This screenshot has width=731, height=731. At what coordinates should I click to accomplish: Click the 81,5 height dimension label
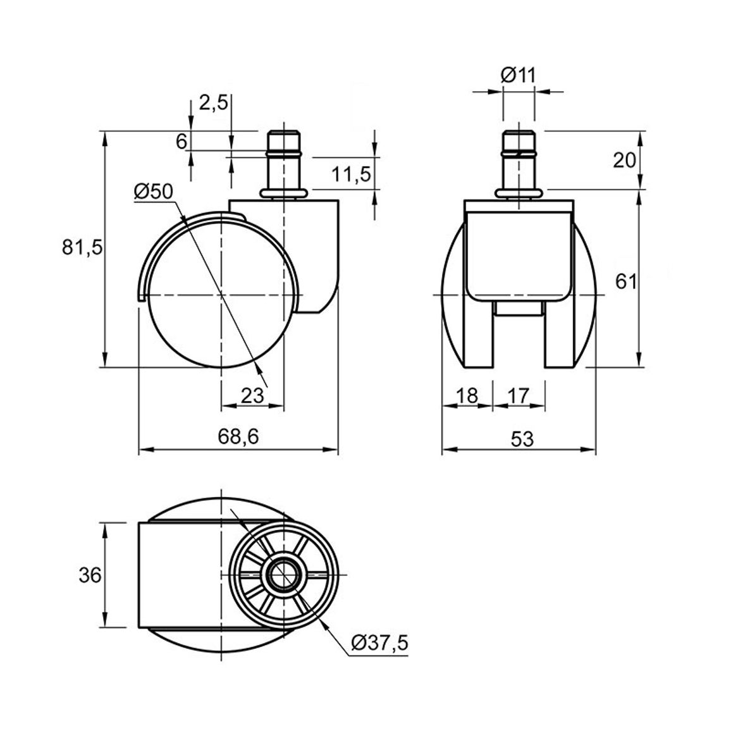point(82,247)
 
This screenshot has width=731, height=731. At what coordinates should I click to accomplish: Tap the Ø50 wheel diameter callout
point(153,192)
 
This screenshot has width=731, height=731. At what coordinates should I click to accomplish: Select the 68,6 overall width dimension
point(238,437)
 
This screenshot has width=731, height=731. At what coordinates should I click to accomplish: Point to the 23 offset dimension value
point(252,396)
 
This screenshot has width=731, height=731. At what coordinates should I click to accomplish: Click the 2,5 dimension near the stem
point(214,103)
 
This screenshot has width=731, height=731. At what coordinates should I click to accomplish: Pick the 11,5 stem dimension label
point(351,175)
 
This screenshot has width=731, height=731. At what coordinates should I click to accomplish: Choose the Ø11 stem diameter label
point(519,75)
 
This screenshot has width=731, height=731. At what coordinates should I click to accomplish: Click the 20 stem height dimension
point(624,161)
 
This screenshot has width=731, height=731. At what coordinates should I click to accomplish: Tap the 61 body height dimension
point(625,281)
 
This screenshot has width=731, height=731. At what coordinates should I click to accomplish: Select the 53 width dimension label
point(522,439)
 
